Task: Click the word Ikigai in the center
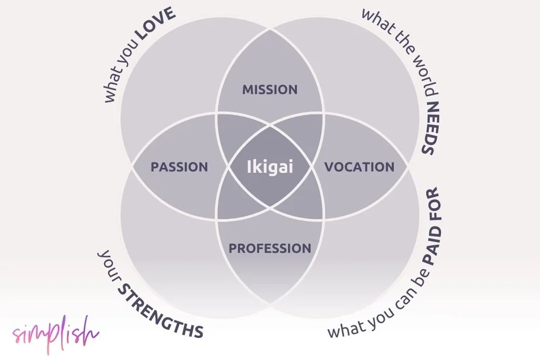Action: click(x=269, y=167)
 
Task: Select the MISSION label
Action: click(x=269, y=89)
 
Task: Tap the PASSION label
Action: click(x=179, y=167)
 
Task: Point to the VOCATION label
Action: click(x=359, y=167)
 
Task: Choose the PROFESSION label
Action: click(x=270, y=248)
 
